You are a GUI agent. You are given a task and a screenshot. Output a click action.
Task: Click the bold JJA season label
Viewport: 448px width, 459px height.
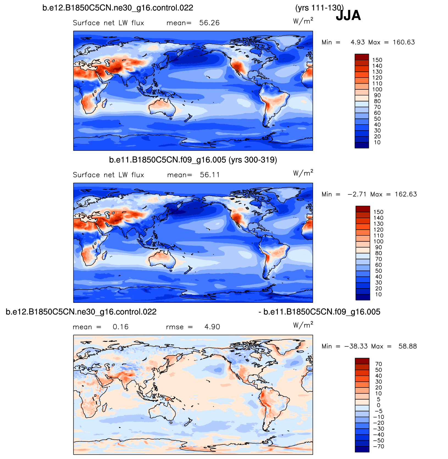348,15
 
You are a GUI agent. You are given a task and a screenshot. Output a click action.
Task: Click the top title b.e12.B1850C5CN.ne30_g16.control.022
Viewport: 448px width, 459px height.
118,8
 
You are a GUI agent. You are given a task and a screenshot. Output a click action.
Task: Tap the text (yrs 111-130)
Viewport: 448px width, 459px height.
319,8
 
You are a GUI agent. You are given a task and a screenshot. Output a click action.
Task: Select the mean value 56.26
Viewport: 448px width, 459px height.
209,23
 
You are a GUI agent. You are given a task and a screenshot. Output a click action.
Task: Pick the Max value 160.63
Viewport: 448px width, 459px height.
404,42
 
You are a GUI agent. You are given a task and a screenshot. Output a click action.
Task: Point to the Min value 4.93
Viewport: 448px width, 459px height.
358,42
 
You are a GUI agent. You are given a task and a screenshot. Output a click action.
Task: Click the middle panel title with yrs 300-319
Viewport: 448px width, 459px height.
193,160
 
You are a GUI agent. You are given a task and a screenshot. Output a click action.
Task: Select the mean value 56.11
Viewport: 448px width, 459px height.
210,175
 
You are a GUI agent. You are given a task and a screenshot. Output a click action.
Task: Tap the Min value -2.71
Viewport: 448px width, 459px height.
357,194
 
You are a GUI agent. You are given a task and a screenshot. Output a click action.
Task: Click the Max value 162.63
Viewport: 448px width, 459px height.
406,194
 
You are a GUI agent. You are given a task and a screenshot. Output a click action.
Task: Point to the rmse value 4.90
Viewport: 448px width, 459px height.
212,327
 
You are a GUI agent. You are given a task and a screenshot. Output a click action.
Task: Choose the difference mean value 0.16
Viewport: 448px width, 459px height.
121,327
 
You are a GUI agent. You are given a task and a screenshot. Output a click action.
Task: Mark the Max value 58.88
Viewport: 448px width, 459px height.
408,347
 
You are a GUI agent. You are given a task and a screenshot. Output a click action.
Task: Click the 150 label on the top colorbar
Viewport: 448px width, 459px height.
377,60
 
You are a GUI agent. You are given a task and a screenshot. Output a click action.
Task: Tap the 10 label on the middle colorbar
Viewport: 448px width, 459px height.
378,295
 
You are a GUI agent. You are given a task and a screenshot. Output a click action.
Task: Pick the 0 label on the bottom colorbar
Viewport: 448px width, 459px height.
378,405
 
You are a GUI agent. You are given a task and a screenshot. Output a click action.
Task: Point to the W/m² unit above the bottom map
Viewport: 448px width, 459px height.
303,325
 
